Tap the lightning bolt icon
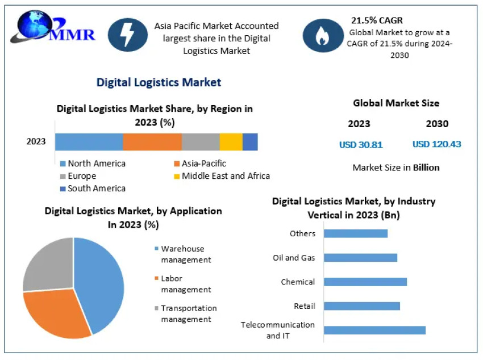pos(127,35)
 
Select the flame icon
pos(322,35)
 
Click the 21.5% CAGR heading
pos(377,20)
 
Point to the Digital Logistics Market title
pos(159,82)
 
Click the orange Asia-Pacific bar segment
pos(152,141)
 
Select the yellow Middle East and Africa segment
pos(231,141)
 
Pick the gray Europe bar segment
pos(201,141)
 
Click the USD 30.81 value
pos(361,144)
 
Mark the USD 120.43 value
pos(436,144)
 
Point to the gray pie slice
pos(48,264)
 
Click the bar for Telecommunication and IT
pos(374,330)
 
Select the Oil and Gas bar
pos(360,258)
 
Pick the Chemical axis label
pos(298,282)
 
